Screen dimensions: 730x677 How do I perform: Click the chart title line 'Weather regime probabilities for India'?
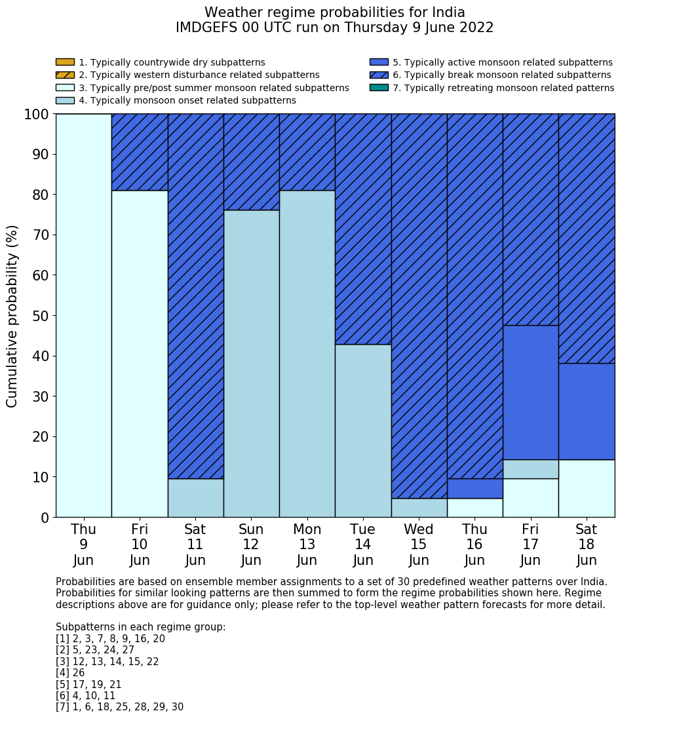click(x=334, y=13)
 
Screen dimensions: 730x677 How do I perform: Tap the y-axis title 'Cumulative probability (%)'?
click(x=12, y=316)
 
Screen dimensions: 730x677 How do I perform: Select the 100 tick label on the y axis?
click(x=37, y=115)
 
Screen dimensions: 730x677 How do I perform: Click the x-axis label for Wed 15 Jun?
click(x=419, y=545)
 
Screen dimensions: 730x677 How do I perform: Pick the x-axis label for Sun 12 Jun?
click(x=251, y=545)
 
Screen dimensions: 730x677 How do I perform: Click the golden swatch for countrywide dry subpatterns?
click(x=65, y=62)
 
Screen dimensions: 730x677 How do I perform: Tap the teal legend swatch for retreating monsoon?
click(x=379, y=88)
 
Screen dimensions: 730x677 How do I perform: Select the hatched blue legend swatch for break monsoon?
click(x=379, y=75)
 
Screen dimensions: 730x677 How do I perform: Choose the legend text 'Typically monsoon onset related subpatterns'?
click(x=187, y=100)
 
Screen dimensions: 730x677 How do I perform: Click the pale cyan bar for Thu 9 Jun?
click(x=84, y=315)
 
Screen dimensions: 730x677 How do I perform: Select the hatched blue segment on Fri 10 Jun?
click(x=140, y=152)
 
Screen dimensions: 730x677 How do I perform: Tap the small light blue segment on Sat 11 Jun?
click(x=195, y=498)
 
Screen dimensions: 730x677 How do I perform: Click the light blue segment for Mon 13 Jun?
click(x=307, y=354)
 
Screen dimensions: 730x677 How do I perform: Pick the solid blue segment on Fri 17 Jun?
click(x=530, y=393)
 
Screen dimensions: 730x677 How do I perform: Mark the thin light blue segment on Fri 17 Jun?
click(x=530, y=469)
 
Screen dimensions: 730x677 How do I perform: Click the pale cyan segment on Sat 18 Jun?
click(x=587, y=488)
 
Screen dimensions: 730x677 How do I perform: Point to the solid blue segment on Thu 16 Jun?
click(x=474, y=488)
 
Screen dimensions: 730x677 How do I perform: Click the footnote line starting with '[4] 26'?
click(x=70, y=673)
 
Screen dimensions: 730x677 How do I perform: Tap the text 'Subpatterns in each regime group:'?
click(x=140, y=627)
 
